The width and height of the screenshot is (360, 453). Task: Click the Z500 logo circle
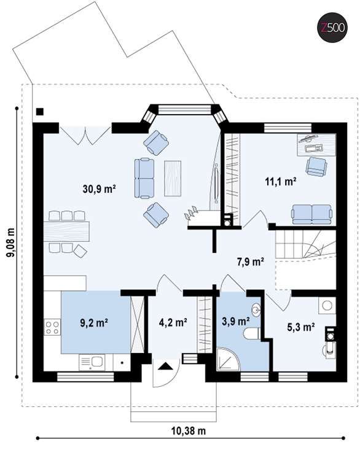coord(332,28)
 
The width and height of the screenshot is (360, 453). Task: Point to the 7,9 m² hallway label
coord(251,261)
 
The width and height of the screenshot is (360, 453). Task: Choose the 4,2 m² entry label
coord(173,322)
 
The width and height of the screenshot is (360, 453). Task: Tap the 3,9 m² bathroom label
coord(236,321)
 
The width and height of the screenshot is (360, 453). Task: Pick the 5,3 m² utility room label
coord(301,327)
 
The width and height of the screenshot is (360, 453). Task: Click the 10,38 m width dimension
coord(188,431)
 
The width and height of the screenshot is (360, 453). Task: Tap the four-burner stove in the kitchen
coord(52,327)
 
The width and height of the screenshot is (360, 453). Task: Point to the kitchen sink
coord(92,363)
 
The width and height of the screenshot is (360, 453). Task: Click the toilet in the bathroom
coord(252,333)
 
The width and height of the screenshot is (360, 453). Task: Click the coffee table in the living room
coord(173,178)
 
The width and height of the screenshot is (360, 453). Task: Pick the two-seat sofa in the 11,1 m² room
coord(312,214)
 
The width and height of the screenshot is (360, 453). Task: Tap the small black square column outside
coord(39,112)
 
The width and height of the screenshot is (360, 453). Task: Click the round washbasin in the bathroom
coord(256,309)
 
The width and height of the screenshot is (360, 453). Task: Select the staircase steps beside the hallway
coord(305,244)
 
